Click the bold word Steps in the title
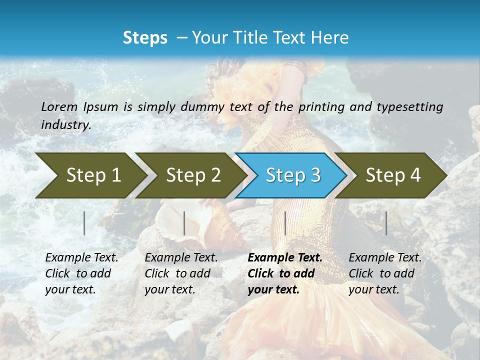(x=145, y=38)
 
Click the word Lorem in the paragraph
(x=59, y=106)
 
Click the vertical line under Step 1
(x=84, y=223)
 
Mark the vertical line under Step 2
(x=184, y=223)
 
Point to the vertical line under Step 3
(x=285, y=223)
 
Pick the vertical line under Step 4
(x=386, y=223)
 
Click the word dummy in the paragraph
(x=202, y=106)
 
